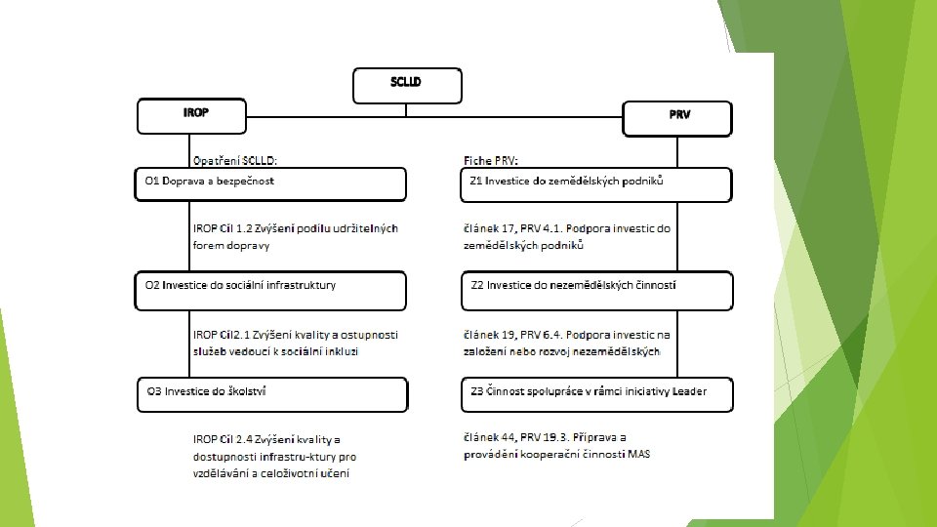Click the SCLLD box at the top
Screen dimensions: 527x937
[x=406, y=86]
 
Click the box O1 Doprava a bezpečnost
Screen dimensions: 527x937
[x=269, y=183]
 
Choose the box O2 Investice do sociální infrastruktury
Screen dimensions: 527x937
[x=269, y=290]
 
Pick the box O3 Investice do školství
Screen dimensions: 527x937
[x=269, y=394]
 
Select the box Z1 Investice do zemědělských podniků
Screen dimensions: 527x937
[x=596, y=183]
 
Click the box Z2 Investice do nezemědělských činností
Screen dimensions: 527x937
[x=596, y=289]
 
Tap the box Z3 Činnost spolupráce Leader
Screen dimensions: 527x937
[x=596, y=394]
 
